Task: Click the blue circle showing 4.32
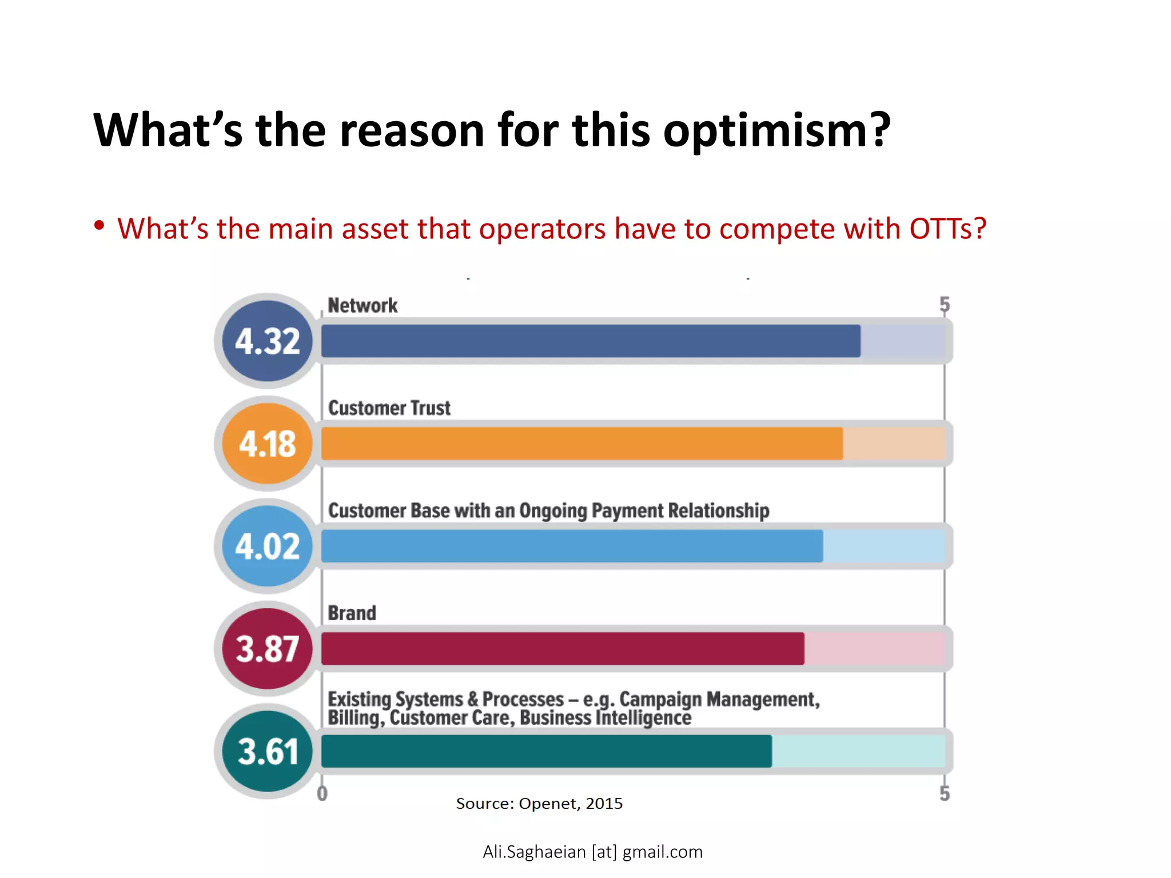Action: click(x=268, y=341)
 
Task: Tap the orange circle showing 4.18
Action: click(x=268, y=444)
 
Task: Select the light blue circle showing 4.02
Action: click(x=268, y=546)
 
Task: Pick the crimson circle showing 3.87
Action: click(x=268, y=649)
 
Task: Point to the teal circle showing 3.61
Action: click(x=268, y=751)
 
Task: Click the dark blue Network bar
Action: click(x=590, y=341)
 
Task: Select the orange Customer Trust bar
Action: click(x=581, y=444)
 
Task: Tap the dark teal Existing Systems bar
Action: click(x=546, y=751)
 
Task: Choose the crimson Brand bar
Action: click(x=562, y=649)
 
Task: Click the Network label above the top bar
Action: click(x=363, y=305)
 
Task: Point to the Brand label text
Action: click(x=352, y=613)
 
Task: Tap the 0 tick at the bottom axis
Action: click(x=322, y=793)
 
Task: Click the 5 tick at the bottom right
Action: click(x=945, y=793)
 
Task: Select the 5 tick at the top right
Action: click(x=945, y=304)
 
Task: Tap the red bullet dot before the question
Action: click(x=99, y=225)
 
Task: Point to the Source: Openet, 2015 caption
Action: click(x=539, y=804)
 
